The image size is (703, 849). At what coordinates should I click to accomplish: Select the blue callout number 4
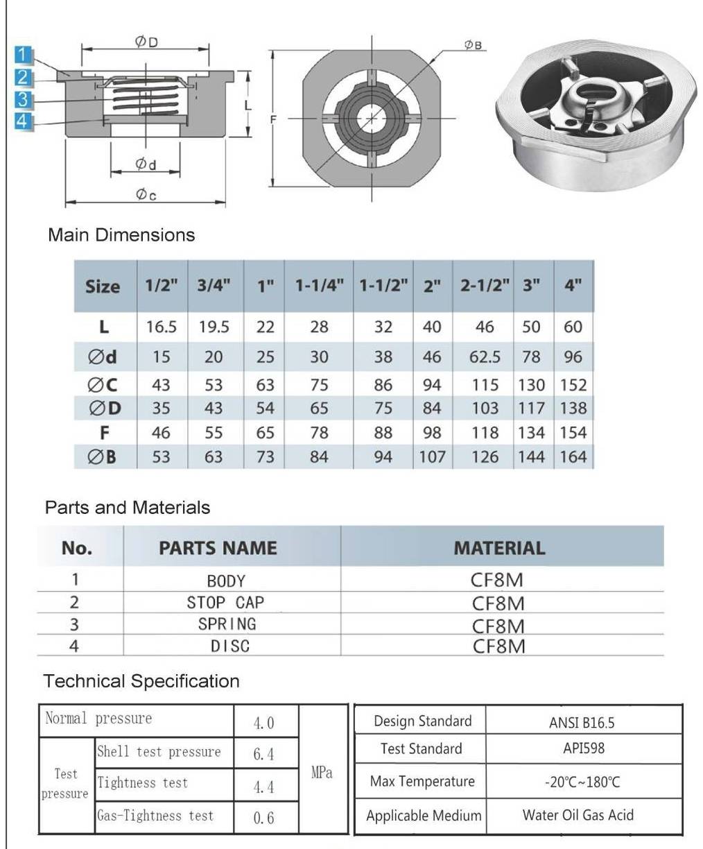click(x=24, y=121)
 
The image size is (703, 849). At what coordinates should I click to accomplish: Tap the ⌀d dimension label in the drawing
click(x=145, y=164)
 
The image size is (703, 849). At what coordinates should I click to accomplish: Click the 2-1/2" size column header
click(x=485, y=286)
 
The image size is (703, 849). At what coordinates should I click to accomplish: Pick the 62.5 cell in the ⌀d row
click(x=485, y=357)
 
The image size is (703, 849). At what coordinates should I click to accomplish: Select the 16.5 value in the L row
click(x=162, y=327)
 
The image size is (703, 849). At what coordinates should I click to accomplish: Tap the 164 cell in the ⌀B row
click(x=573, y=457)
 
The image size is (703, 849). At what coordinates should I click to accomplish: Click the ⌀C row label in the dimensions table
click(x=104, y=384)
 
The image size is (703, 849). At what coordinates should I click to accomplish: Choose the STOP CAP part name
click(x=225, y=602)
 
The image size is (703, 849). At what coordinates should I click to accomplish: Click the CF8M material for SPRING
click(x=498, y=626)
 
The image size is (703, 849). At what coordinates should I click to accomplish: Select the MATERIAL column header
click(x=499, y=548)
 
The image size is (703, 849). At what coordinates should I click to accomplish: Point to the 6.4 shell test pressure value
click(x=263, y=754)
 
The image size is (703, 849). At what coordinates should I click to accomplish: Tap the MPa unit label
click(x=322, y=773)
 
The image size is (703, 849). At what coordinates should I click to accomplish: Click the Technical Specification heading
click(x=141, y=681)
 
